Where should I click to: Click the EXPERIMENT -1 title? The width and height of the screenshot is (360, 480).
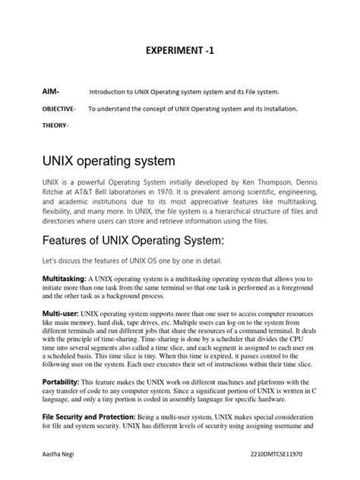coord(179,52)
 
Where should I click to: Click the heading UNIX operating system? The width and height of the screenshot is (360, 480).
coord(108,161)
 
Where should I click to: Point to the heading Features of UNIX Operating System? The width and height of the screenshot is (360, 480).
coord(132,241)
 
